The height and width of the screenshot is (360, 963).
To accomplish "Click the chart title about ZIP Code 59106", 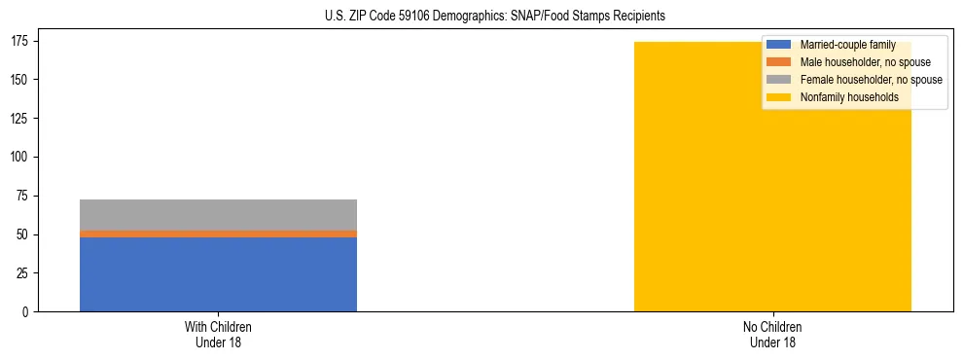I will point(481,17).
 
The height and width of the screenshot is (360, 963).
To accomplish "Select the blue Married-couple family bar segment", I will point(218,274).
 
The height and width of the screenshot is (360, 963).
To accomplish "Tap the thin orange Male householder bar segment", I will point(218,234).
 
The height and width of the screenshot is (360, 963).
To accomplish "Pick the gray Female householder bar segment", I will point(218,214).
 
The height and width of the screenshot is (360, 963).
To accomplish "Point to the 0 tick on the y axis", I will point(26,312).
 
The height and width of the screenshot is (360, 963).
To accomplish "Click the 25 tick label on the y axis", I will point(23,273).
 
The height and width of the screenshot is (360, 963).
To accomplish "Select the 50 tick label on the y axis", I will point(23,234).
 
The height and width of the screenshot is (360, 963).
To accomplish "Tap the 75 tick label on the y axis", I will point(23,196).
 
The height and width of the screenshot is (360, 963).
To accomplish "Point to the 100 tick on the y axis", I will point(20,157).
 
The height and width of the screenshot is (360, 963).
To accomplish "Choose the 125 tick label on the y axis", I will point(20,118).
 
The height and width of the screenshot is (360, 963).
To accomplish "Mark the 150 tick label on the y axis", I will point(20,79).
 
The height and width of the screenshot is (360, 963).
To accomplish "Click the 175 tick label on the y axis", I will point(20,41).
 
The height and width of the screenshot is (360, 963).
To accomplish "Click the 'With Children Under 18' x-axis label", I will point(218,334).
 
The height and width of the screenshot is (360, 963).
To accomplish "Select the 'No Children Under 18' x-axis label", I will point(772,334).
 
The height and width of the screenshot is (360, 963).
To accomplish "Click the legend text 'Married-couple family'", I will point(847,45).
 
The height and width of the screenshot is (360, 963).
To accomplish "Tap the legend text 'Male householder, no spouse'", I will point(865,62).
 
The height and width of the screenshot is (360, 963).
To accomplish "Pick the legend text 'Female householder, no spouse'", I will point(871,80).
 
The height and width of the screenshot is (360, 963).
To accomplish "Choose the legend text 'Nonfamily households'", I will point(848,97).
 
